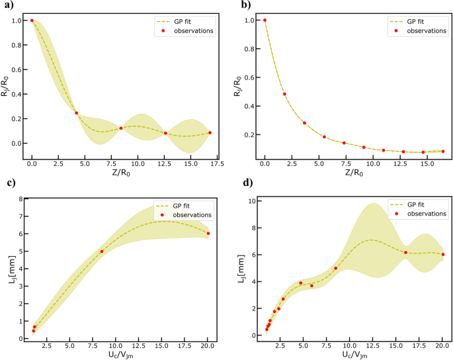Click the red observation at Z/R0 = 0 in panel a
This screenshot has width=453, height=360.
pyautogui.click(x=32, y=21)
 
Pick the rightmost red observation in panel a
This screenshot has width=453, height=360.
pyautogui.click(x=210, y=132)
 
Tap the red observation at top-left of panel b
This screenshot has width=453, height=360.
pyautogui.click(x=265, y=20)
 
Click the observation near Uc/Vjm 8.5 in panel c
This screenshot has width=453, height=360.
pyautogui.click(x=102, y=251)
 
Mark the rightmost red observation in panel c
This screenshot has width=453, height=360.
pyautogui.click(x=208, y=233)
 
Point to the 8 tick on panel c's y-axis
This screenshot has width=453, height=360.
pyautogui.click(x=21, y=199)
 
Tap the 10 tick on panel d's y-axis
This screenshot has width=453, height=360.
pyautogui.click(x=251, y=200)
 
